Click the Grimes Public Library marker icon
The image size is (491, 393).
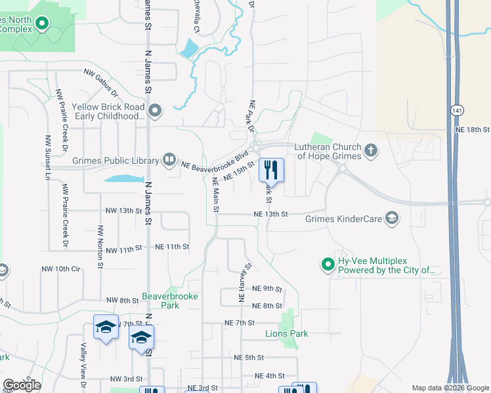point(169,160)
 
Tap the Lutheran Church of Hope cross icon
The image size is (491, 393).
point(371,151)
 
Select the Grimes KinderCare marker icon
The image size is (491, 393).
point(392,218)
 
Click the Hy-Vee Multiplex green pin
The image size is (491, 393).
point(328,265)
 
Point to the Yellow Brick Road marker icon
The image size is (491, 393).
point(156,111)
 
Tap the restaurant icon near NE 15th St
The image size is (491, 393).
point(270,170)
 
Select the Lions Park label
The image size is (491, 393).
point(286,334)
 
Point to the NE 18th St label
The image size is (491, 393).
point(473,130)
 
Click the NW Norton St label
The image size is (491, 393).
point(100,247)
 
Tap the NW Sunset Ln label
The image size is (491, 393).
point(47,158)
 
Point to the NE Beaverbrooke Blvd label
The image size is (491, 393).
point(215,161)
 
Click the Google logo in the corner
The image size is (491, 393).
point(22,385)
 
